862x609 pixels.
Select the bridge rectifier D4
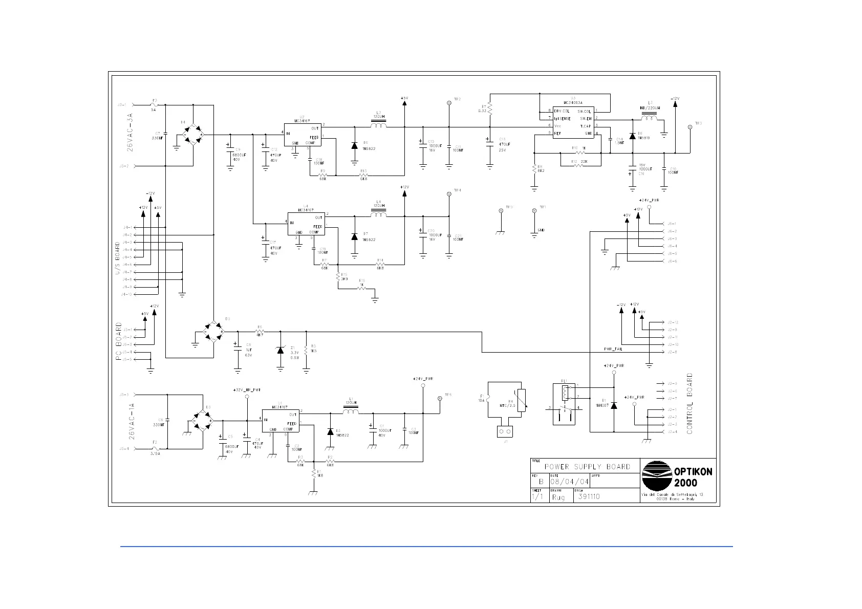coord(192,135)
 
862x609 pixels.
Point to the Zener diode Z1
coord(280,350)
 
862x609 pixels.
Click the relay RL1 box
coord(565,404)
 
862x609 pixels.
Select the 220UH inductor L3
coord(650,119)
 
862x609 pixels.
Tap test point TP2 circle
coord(449,103)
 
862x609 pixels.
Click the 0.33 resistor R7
coord(490,108)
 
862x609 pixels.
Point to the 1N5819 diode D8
coord(633,136)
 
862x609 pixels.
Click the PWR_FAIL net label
coord(613,349)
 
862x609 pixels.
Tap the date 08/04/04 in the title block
coord(569,482)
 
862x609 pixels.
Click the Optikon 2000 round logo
coord(657,475)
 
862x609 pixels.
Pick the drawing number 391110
coord(589,496)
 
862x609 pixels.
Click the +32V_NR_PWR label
coord(247,390)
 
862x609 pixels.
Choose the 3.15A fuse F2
coord(155,449)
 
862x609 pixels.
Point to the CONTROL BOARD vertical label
coord(689,404)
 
